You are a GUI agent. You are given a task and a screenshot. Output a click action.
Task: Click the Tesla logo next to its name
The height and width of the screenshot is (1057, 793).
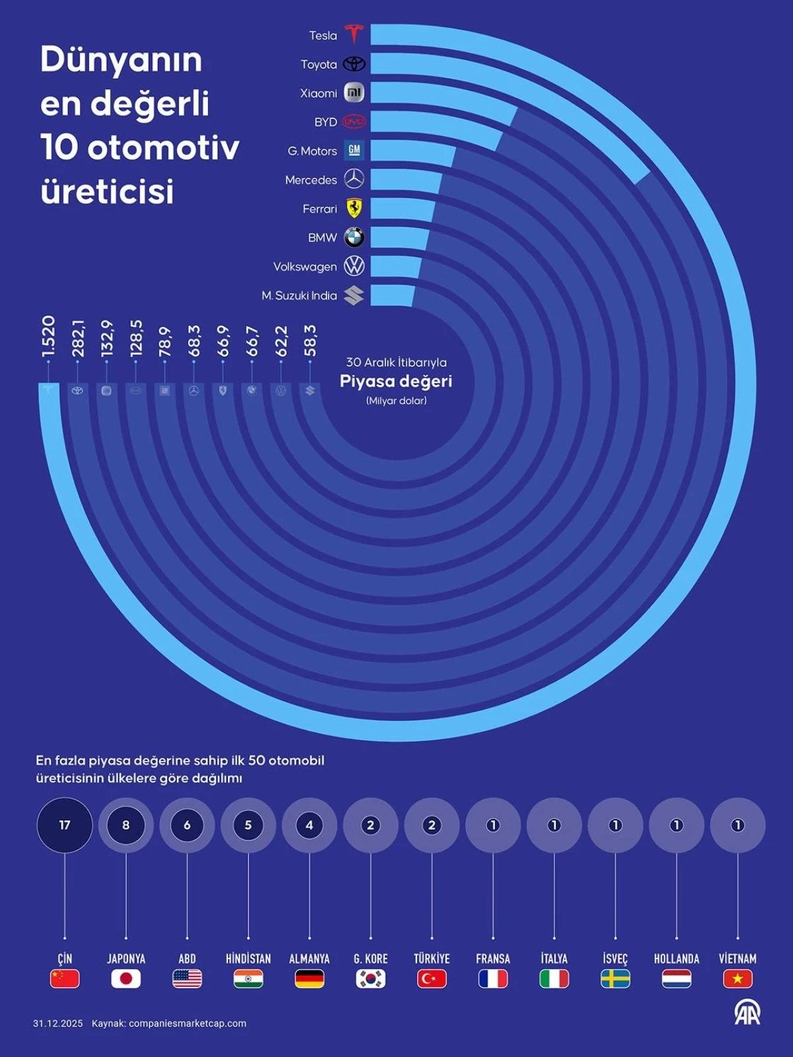(x=354, y=34)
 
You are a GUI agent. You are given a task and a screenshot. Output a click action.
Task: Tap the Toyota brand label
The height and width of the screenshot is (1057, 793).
(x=319, y=64)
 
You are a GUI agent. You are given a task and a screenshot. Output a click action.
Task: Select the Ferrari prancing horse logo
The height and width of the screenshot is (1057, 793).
(x=354, y=208)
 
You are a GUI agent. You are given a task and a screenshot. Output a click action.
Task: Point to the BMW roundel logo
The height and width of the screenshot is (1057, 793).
(x=354, y=237)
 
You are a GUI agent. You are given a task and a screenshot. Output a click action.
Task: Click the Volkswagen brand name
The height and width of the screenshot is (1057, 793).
(x=305, y=267)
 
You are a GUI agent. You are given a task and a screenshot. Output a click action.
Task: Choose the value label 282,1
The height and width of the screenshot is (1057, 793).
(x=78, y=338)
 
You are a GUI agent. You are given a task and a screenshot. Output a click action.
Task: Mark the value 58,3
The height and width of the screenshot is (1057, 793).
(x=310, y=340)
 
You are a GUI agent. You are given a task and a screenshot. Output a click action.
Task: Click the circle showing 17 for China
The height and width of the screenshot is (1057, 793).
(x=65, y=825)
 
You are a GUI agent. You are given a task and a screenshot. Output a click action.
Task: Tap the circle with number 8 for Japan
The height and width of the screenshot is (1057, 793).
(x=126, y=825)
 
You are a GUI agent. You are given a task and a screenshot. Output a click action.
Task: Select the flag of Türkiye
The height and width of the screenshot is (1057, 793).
(x=432, y=978)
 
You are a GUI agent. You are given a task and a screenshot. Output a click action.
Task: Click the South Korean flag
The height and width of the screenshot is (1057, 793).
(x=371, y=978)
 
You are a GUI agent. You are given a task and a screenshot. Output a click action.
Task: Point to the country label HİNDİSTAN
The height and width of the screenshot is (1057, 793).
(x=248, y=959)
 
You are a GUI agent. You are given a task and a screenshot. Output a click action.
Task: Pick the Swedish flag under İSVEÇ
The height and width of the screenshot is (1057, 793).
(x=615, y=978)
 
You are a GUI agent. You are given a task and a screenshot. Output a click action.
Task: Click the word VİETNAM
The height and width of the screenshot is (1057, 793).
(x=737, y=959)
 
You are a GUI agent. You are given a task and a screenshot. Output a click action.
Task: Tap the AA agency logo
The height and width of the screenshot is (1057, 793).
(x=747, y=1013)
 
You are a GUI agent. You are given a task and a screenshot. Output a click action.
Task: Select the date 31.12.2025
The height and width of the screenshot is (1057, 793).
(x=58, y=1023)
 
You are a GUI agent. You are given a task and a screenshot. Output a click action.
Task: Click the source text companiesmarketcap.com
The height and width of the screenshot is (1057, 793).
(x=187, y=1023)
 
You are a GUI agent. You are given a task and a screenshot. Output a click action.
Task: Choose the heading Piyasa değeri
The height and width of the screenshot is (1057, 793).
(x=396, y=381)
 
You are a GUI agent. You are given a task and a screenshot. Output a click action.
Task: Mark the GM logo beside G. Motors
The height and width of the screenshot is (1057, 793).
(x=354, y=150)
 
